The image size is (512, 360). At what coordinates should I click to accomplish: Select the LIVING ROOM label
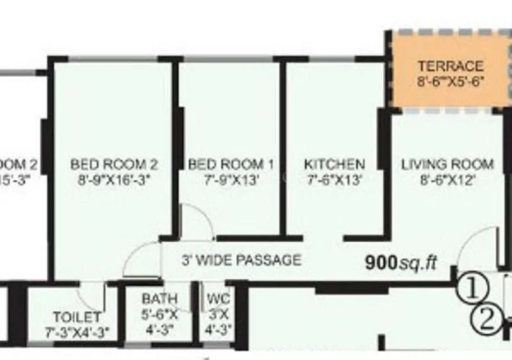click(447, 164)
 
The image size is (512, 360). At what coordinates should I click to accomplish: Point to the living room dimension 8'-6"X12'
click(447, 180)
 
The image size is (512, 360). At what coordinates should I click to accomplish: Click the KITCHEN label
click(334, 164)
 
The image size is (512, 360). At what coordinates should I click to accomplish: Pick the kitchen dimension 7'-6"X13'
click(334, 180)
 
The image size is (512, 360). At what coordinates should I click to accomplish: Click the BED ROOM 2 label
click(114, 164)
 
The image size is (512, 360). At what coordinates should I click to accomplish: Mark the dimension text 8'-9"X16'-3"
click(114, 180)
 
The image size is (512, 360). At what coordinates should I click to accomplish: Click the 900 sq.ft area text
click(401, 262)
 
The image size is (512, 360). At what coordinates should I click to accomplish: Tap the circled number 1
click(472, 288)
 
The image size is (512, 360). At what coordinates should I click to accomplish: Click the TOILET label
click(77, 317)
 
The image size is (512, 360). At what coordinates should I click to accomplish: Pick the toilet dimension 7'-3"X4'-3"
click(77, 332)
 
